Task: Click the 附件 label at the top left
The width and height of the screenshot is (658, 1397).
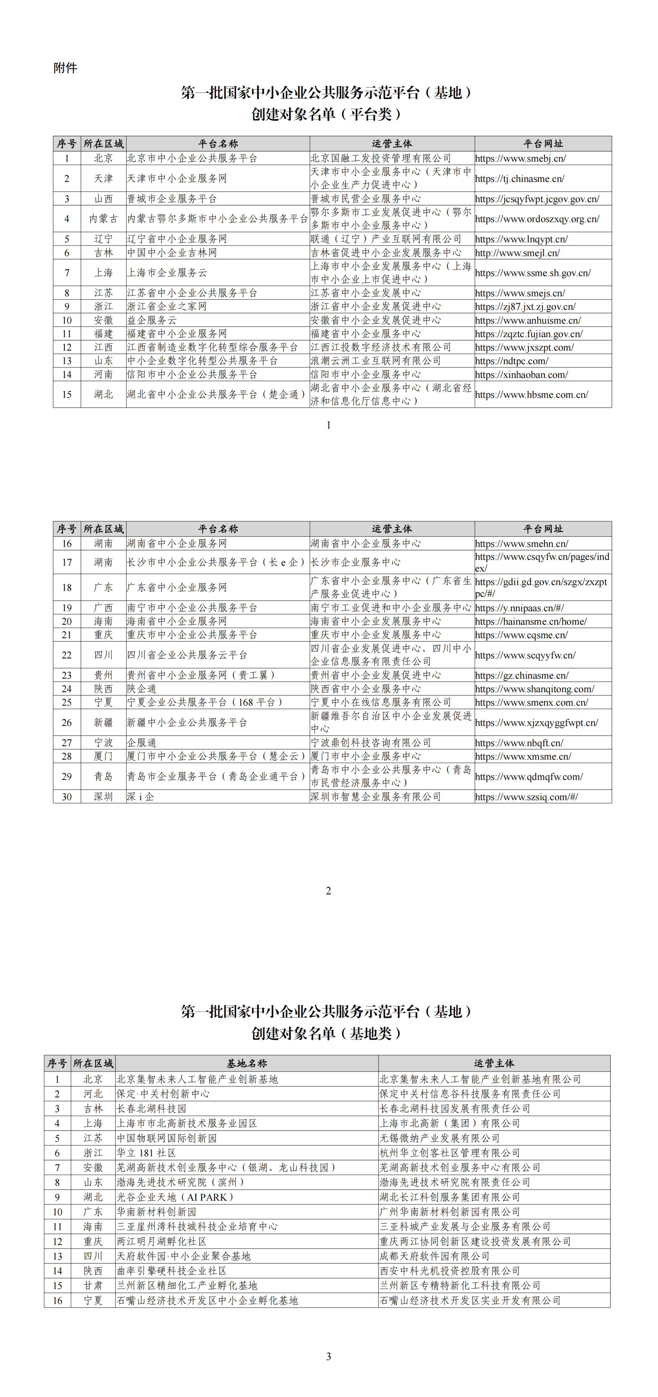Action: click(x=65, y=68)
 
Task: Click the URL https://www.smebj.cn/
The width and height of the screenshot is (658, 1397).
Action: click(x=520, y=158)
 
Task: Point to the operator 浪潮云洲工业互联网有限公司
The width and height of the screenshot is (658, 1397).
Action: click(x=375, y=361)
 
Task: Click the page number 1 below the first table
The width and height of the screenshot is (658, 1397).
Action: click(x=329, y=425)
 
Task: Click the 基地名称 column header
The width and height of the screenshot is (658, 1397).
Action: click(x=247, y=1063)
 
